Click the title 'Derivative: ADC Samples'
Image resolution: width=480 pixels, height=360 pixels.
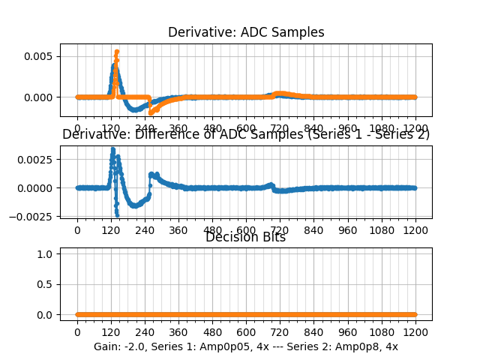click(246, 32)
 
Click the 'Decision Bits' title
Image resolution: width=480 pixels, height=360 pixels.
click(245, 238)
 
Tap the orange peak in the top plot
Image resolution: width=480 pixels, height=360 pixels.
click(117, 52)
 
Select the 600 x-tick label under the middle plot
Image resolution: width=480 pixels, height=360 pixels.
click(246, 230)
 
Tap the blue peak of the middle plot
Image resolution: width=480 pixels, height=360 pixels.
click(112, 149)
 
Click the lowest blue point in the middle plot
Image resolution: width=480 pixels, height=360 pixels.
click(117, 214)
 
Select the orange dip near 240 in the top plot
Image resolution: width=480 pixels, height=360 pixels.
click(151, 112)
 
